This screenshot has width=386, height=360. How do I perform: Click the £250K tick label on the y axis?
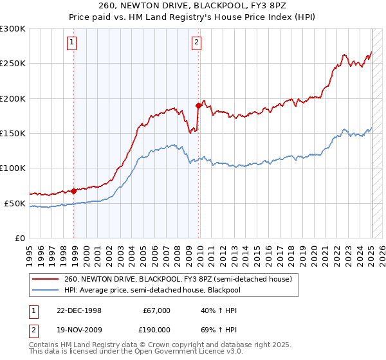click(x=13, y=64)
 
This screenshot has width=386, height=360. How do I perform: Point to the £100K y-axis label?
click(x=13, y=168)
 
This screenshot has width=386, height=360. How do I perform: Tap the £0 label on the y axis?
click(x=20, y=238)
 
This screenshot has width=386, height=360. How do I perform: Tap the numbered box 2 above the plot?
click(x=196, y=43)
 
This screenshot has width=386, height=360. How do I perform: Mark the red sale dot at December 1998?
click(x=74, y=191)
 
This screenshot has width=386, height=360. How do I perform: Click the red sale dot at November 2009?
click(x=198, y=105)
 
